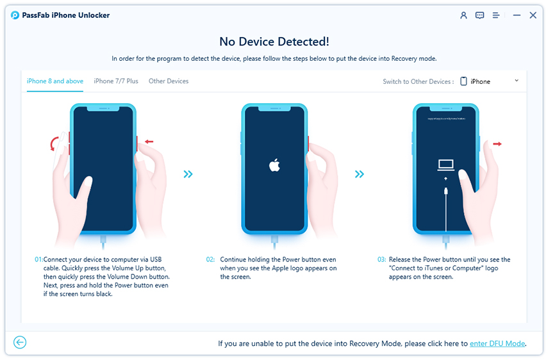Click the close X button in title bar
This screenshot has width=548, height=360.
tap(533, 15)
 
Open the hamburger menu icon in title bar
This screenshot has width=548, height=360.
tap(496, 15)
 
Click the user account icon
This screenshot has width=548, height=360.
tap(463, 15)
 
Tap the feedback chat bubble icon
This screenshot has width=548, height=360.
tap(479, 15)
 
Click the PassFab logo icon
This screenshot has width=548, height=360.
tap(15, 15)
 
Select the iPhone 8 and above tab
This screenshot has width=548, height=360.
tap(54, 81)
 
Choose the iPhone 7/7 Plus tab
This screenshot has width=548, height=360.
tap(115, 81)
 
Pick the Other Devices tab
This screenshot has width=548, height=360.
tap(169, 81)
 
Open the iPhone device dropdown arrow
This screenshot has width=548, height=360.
tap(516, 81)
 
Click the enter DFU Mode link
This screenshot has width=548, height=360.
tap(497, 344)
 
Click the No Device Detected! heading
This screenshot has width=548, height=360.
tap(274, 42)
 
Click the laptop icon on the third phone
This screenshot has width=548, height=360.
tap(446, 165)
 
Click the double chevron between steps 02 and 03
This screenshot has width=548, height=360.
tap(360, 174)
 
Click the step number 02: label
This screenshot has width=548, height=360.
tap(210, 259)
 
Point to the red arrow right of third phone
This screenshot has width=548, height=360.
tap(497, 144)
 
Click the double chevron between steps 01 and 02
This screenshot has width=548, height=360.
tap(188, 174)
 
